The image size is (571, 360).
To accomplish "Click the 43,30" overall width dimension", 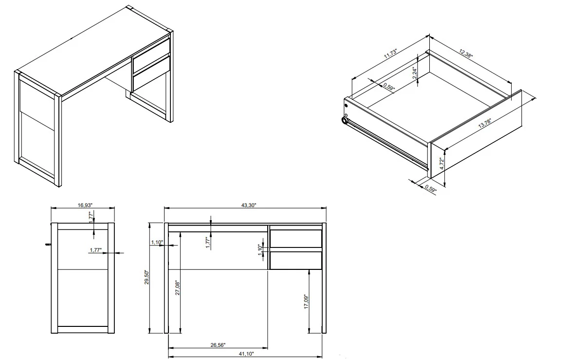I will pos(248,206).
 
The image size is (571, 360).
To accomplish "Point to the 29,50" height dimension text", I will pos(147,279).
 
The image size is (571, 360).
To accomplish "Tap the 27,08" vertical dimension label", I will pos(177,288).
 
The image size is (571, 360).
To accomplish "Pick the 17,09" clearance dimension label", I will pos(306,302).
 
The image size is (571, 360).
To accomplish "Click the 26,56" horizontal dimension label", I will pos(218,345).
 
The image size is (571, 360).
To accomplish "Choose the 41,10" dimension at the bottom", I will pos(246,355).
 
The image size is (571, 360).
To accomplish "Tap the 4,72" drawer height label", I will pos(442,163).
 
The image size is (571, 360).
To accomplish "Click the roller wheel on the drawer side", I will pos(345,120).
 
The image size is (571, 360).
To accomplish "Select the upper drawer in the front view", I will pos(296,239).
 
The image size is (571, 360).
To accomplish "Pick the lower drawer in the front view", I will pos(296,260).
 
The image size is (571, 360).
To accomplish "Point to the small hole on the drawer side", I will pos(346,104).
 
